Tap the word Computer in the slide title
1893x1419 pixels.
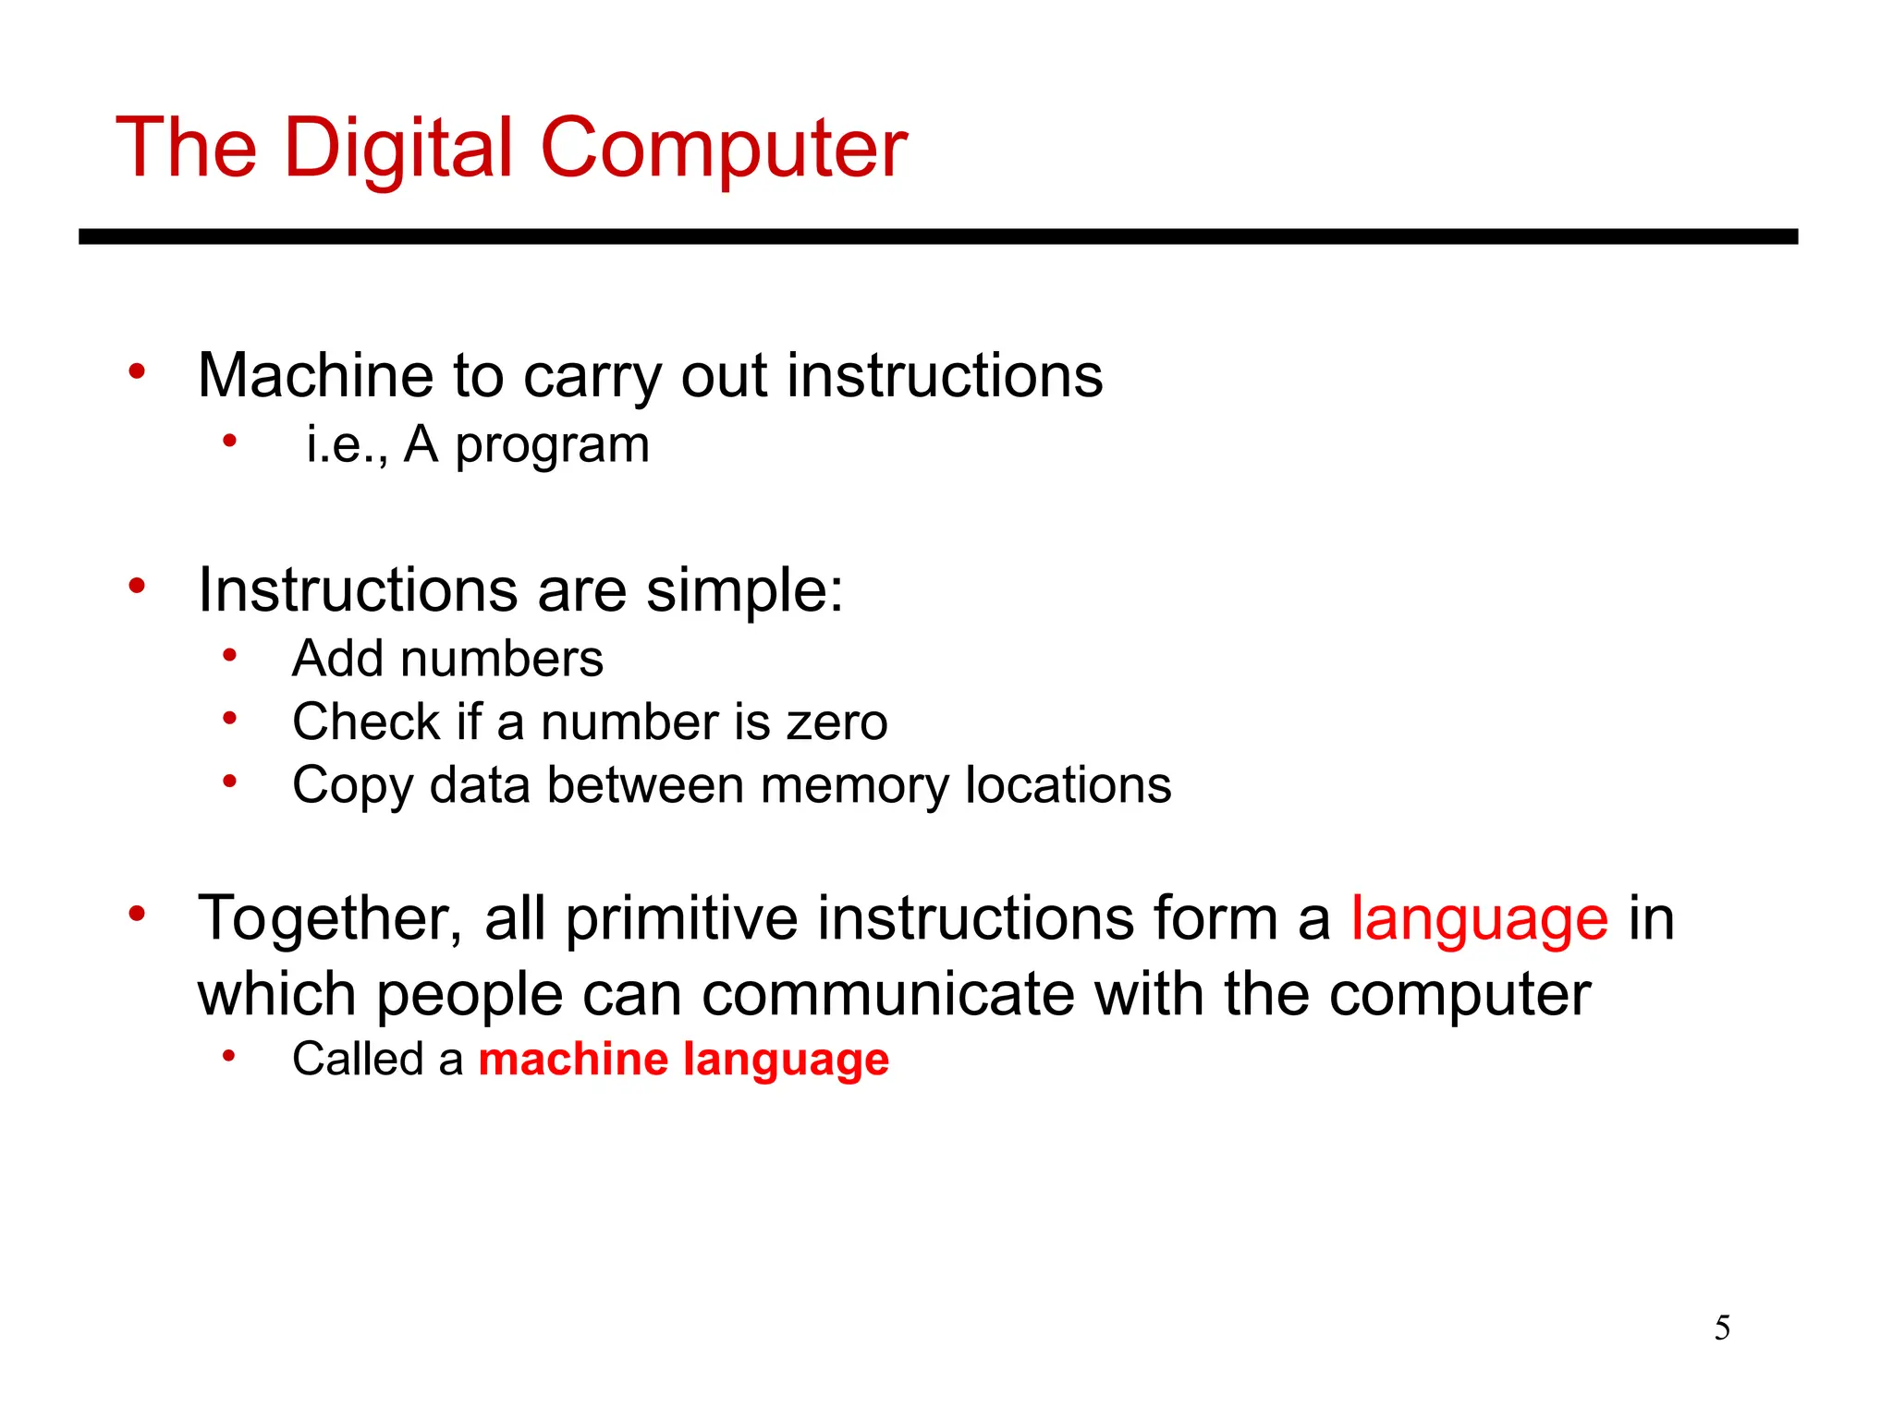[x=723, y=150]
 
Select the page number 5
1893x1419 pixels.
[x=1722, y=1328]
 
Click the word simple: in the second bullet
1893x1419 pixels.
[x=744, y=590]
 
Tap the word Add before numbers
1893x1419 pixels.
[x=337, y=659]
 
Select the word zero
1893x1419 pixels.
[x=837, y=722]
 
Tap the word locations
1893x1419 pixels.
[x=1068, y=785]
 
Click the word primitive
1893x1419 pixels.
[x=681, y=920]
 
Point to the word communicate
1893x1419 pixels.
[x=887, y=995]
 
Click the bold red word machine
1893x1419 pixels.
[x=572, y=1059]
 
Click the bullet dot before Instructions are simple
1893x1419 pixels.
[x=138, y=586]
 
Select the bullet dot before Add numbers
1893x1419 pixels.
[x=230, y=656]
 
